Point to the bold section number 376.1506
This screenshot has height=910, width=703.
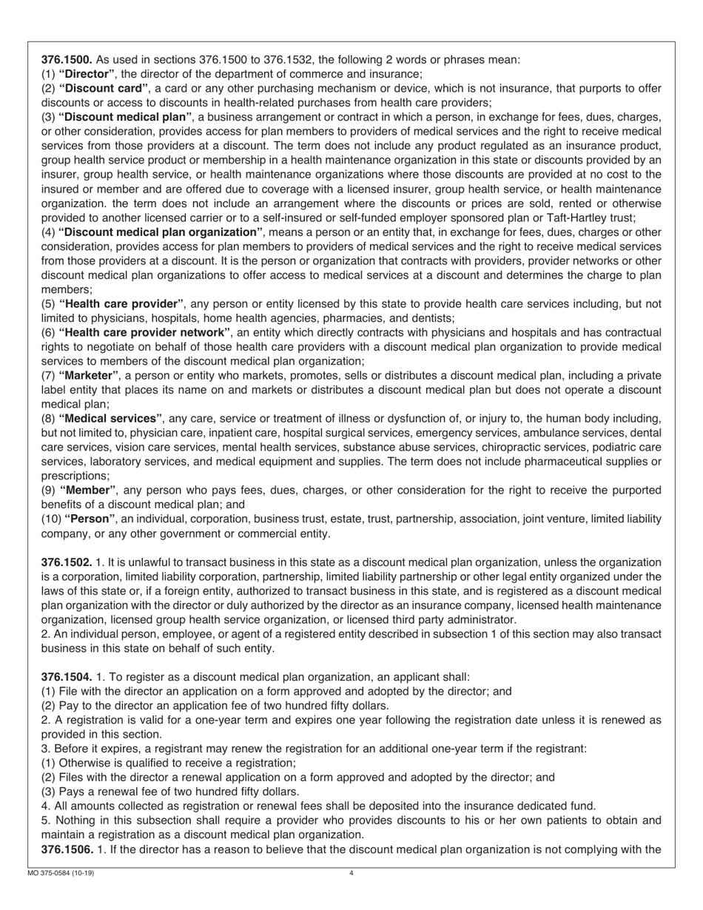[x=67, y=849]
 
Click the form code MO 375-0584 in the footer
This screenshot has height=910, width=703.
[x=55, y=873]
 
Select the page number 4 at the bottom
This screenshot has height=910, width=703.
[x=351, y=873]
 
